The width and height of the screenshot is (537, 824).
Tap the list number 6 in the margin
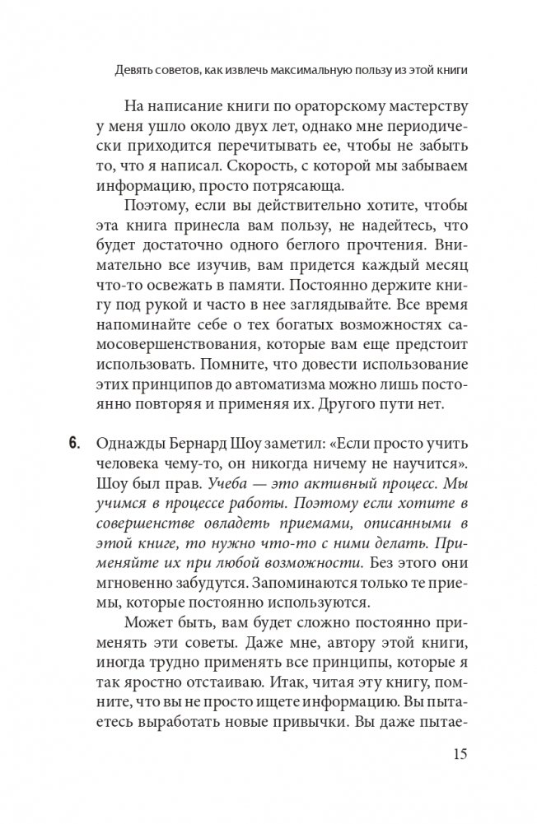pyautogui.click(x=74, y=446)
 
